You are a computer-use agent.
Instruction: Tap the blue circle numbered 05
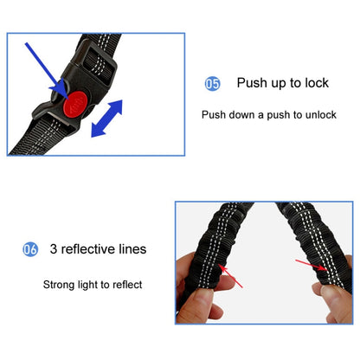[212, 84]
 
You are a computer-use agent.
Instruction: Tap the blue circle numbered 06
[30, 249]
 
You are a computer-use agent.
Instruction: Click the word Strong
[61, 284]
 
